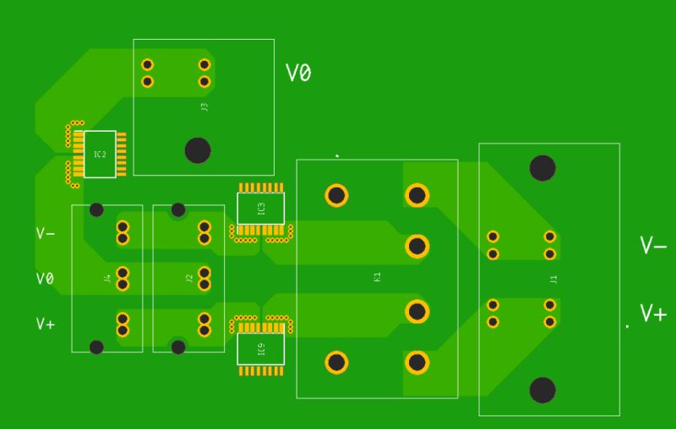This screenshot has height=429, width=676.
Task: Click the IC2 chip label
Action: pos(100,155)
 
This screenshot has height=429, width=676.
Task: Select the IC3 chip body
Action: pos(260,208)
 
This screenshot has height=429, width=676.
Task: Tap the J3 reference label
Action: pos(204,107)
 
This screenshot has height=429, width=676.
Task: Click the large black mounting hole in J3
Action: pos(198,150)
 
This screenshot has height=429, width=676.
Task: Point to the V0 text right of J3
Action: pos(298,74)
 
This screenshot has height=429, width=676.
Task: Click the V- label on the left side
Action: pos(46,233)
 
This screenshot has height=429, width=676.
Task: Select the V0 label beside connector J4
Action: pos(46,279)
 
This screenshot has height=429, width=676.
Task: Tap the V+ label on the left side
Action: pos(46,323)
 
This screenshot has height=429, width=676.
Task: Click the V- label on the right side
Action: pos(653,246)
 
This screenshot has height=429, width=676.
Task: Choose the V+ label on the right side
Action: pos(653,314)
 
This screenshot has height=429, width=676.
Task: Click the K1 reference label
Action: pos(377,277)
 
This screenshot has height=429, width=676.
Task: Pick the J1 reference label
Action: pos(553,279)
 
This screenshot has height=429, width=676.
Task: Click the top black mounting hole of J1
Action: pos(542,168)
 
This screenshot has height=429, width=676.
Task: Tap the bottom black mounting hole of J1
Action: pos(542,390)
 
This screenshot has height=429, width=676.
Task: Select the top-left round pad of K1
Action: pos(336,196)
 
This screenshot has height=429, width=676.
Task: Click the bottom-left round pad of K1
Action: pos(336,363)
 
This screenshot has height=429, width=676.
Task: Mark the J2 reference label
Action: pos(189,278)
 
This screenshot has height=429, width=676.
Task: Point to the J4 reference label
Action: pos(107,278)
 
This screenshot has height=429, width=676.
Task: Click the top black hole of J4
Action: pos(96,209)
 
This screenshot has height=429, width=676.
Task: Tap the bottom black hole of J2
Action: pos(177,345)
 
